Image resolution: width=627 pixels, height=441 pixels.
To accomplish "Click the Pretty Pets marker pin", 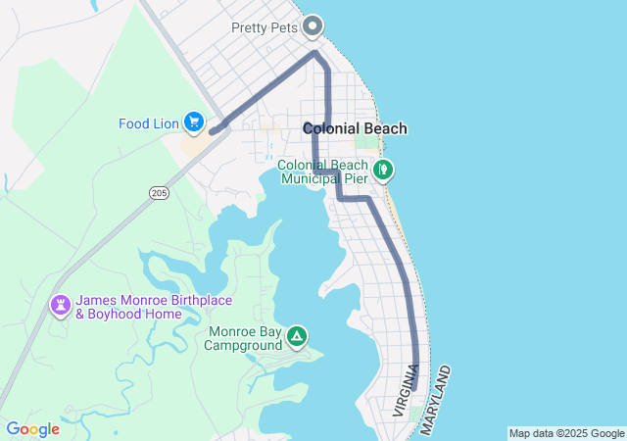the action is pos(313,25).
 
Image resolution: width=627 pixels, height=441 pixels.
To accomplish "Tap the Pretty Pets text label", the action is pos(265,27).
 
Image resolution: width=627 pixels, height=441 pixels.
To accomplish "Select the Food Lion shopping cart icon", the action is pos(194,122).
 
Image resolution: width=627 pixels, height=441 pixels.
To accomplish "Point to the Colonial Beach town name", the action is pos(355,128).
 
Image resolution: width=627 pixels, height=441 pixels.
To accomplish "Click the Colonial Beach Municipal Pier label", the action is pos(322,171).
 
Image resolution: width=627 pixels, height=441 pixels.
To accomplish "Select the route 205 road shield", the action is pos(159,193).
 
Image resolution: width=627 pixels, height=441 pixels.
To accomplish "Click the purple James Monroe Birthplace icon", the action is pos(61,306).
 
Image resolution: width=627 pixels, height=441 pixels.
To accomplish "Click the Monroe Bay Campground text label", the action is pos(244,339).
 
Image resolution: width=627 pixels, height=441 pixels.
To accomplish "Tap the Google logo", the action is pos(32,429).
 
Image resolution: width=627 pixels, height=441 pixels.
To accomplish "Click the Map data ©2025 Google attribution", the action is pos(566,433).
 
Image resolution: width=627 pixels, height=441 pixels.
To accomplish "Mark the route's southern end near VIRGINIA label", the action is pos(414,389).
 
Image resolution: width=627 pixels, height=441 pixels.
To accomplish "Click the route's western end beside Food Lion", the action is pos(213,130).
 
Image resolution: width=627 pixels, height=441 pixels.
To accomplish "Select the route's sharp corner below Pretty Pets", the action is pos(314,53).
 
